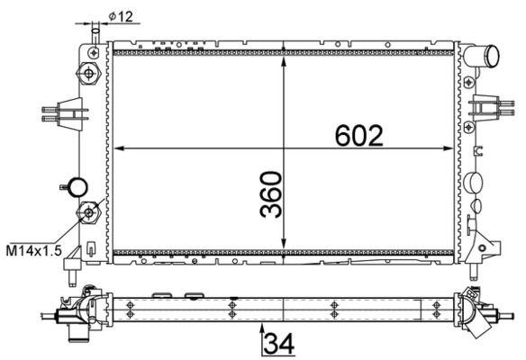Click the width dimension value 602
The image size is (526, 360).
360,135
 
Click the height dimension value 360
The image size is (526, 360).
272,194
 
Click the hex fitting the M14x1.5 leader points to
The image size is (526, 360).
89,212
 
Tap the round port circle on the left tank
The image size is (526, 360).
79,187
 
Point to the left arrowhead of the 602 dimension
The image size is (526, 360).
119,148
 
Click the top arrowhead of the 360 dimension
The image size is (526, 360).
285,47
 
